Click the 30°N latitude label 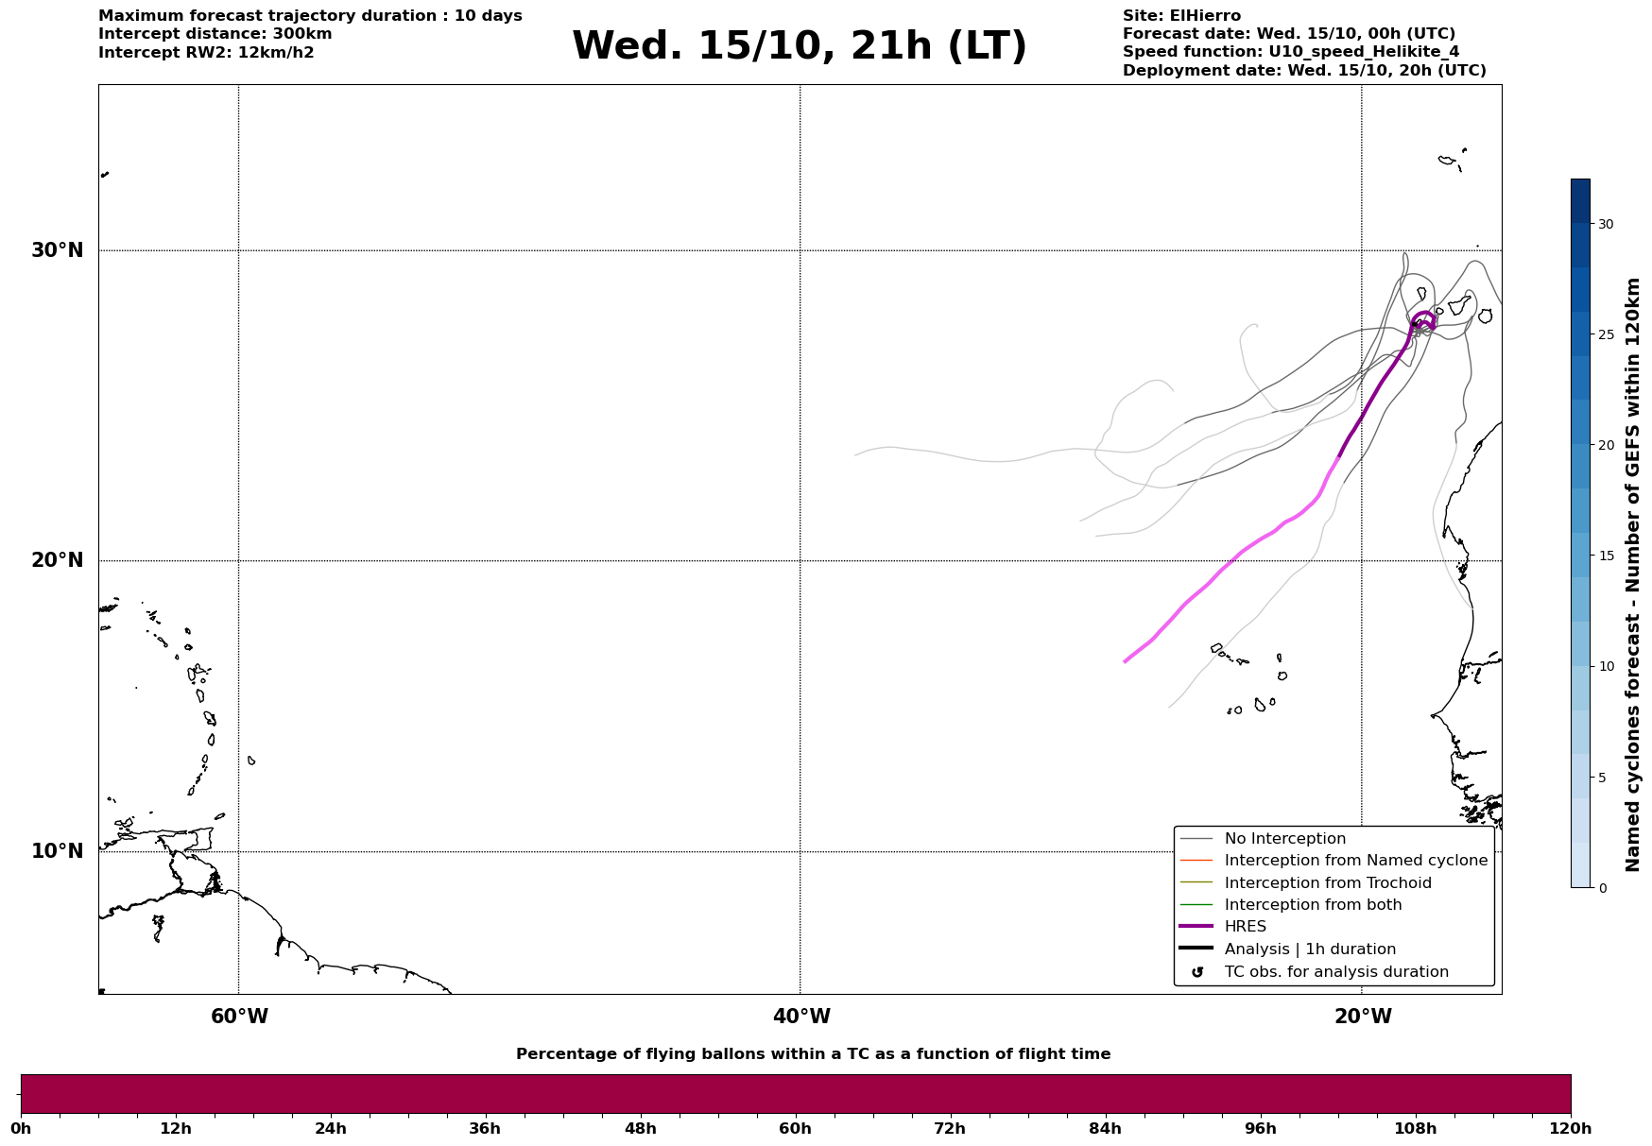(57, 250)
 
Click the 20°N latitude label (57, 560)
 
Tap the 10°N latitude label (57, 851)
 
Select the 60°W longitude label (239, 1017)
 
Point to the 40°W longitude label (801, 1017)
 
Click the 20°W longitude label (1363, 1017)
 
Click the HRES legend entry (1245, 927)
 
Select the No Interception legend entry (1284, 839)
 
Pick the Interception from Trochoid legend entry (1327, 883)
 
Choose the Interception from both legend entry (1313, 905)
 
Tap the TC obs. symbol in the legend (1197, 972)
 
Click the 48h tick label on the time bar (640, 1129)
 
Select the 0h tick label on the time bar (21, 1129)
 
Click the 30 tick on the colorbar (1606, 224)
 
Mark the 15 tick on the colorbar (1606, 556)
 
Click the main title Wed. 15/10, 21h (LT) (799, 46)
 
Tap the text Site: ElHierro (1181, 16)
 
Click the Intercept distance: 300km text (215, 34)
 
